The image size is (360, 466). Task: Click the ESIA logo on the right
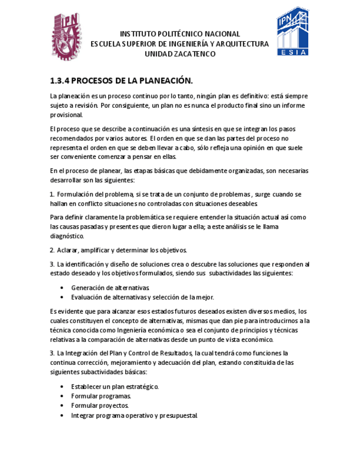click(292, 32)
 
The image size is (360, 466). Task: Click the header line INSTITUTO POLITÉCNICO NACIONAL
click(180, 34)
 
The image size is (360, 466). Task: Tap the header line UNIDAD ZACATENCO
click(180, 53)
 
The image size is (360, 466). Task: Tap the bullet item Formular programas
click(101, 396)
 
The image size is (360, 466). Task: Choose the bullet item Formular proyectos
click(100, 406)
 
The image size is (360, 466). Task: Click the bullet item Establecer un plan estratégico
click(115, 386)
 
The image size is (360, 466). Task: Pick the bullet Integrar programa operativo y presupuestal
click(134, 415)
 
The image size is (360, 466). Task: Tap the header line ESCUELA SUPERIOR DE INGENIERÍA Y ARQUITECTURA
click(180, 43)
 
